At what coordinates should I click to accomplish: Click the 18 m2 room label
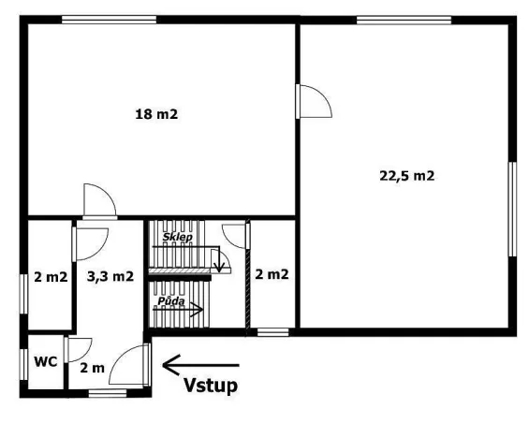pos(156,115)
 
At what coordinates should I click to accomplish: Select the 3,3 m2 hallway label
pos(110,277)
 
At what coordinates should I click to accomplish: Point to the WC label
pos(45,360)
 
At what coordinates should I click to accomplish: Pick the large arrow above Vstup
pos(200,364)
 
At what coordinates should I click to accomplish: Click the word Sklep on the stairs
pos(177,238)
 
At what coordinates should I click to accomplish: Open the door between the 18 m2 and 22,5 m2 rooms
pos(313,101)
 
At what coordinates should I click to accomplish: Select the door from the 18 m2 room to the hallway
pos(97,200)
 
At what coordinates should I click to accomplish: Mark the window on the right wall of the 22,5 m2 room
pos(512,208)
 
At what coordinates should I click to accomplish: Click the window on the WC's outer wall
pos(22,363)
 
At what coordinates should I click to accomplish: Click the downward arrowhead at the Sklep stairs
pos(219,267)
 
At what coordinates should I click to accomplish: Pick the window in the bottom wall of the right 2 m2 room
pos(272,331)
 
